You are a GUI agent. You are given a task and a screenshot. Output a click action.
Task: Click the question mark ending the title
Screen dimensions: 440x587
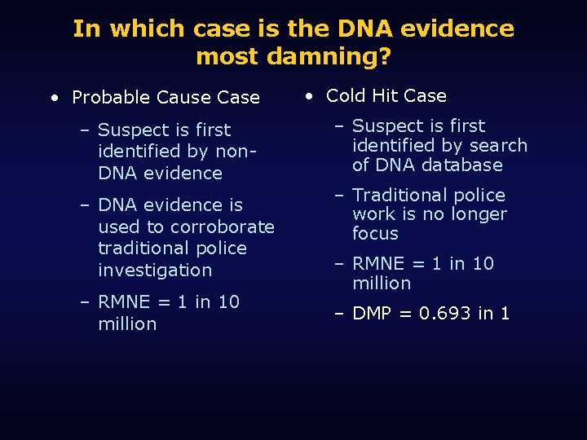coord(384,56)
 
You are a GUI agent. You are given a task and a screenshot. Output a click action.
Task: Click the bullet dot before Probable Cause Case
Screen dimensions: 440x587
coord(53,98)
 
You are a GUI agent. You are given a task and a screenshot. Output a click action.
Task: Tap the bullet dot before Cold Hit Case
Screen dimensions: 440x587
coord(309,95)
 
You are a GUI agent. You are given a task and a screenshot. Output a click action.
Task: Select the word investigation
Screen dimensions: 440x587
coord(155,270)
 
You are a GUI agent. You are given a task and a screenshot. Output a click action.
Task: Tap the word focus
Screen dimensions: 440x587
coord(375,234)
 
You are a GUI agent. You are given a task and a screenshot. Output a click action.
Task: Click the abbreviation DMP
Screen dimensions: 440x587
coord(373,314)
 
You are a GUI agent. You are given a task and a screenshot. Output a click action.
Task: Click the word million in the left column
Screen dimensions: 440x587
coord(127,323)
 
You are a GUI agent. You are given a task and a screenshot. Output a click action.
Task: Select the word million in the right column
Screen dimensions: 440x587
coord(382,284)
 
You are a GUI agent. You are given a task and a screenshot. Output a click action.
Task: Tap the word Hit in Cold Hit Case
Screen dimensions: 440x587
coord(386,95)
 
